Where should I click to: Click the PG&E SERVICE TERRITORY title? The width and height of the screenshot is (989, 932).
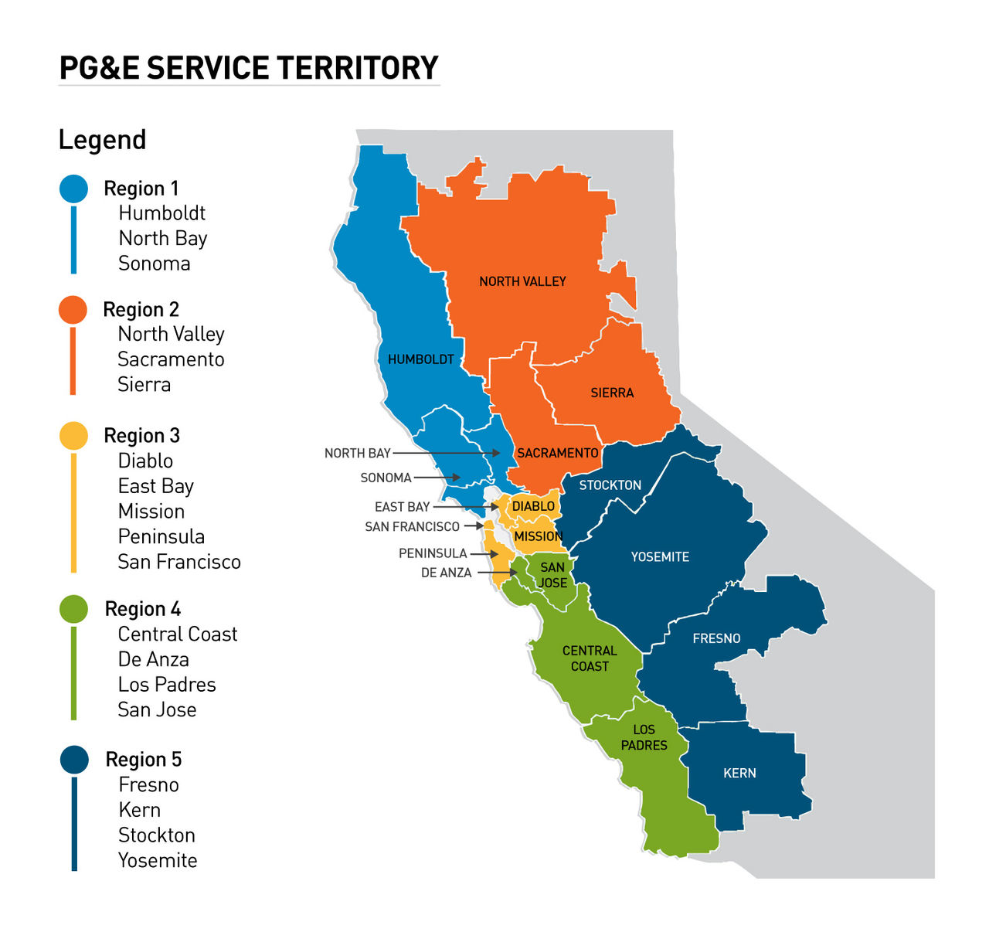pyautogui.click(x=249, y=68)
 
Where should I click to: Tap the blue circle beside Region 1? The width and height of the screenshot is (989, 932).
pyautogui.click(x=73, y=189)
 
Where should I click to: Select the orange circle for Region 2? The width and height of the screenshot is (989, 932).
pyautogui.click(x=73, y=310)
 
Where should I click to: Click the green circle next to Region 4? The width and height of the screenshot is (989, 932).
pyautogui.click(x=73, y=609)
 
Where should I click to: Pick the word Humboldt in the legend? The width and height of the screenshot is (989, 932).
pyautogui.click(x=161, y=213)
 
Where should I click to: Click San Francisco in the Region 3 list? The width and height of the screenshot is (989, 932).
pyautogui.click(x=178, y=562)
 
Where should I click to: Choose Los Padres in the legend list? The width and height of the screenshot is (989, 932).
pyautogui.click(x=166, y=685)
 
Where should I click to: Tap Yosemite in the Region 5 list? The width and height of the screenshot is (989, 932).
pyautogui.click(x=158, y=860)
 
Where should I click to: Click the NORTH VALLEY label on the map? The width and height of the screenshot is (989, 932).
pyautogui.click(x=522, y=281)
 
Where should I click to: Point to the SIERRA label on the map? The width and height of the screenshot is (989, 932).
pyautogui.click(x=612, y=393)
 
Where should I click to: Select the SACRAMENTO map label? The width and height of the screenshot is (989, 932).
pyautogui.click(x=557, y=453)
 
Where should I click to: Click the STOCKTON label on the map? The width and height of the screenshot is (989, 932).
pyautogui.click(x=610, y=485)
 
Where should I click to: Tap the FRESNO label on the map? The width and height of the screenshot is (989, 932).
pyautogui.click(x=716, y=638)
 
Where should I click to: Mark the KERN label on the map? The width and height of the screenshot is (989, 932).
pyautogui.click(x=739, y=773)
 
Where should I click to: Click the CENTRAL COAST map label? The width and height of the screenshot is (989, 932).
pyautogui.click(x=590, y=658)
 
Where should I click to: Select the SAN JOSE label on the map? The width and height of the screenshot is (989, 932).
pyautogui.click(x=552, y=575)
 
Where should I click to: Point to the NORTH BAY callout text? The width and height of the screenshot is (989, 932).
pyautogui.click(x=357, y=453)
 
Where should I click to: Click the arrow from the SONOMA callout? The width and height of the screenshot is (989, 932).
pyautogui.click(x=437, y=478)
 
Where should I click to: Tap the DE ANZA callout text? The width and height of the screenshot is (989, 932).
pyautogui.click(x=446, y=573)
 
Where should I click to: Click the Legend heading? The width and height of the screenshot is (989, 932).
pyautogui.click(x=102, y=140)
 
